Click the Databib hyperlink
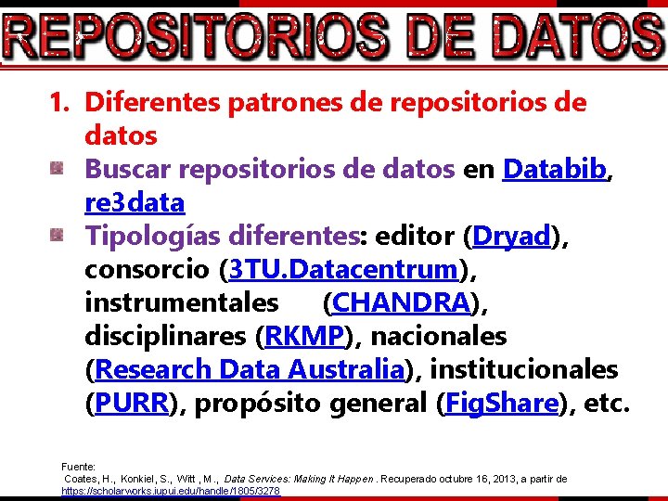click(555, 169)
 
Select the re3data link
click(135, 202)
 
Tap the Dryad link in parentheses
click(512, 236)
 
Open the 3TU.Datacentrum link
click(343, 269)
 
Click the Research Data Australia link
click(250, 369)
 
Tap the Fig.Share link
click(503, 403)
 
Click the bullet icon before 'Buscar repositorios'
click(58, 169)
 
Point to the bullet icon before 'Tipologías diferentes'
click(58, 236)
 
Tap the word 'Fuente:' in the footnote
click(78, 466)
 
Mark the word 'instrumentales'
click(181, 302)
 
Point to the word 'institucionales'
click(524, 369)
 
